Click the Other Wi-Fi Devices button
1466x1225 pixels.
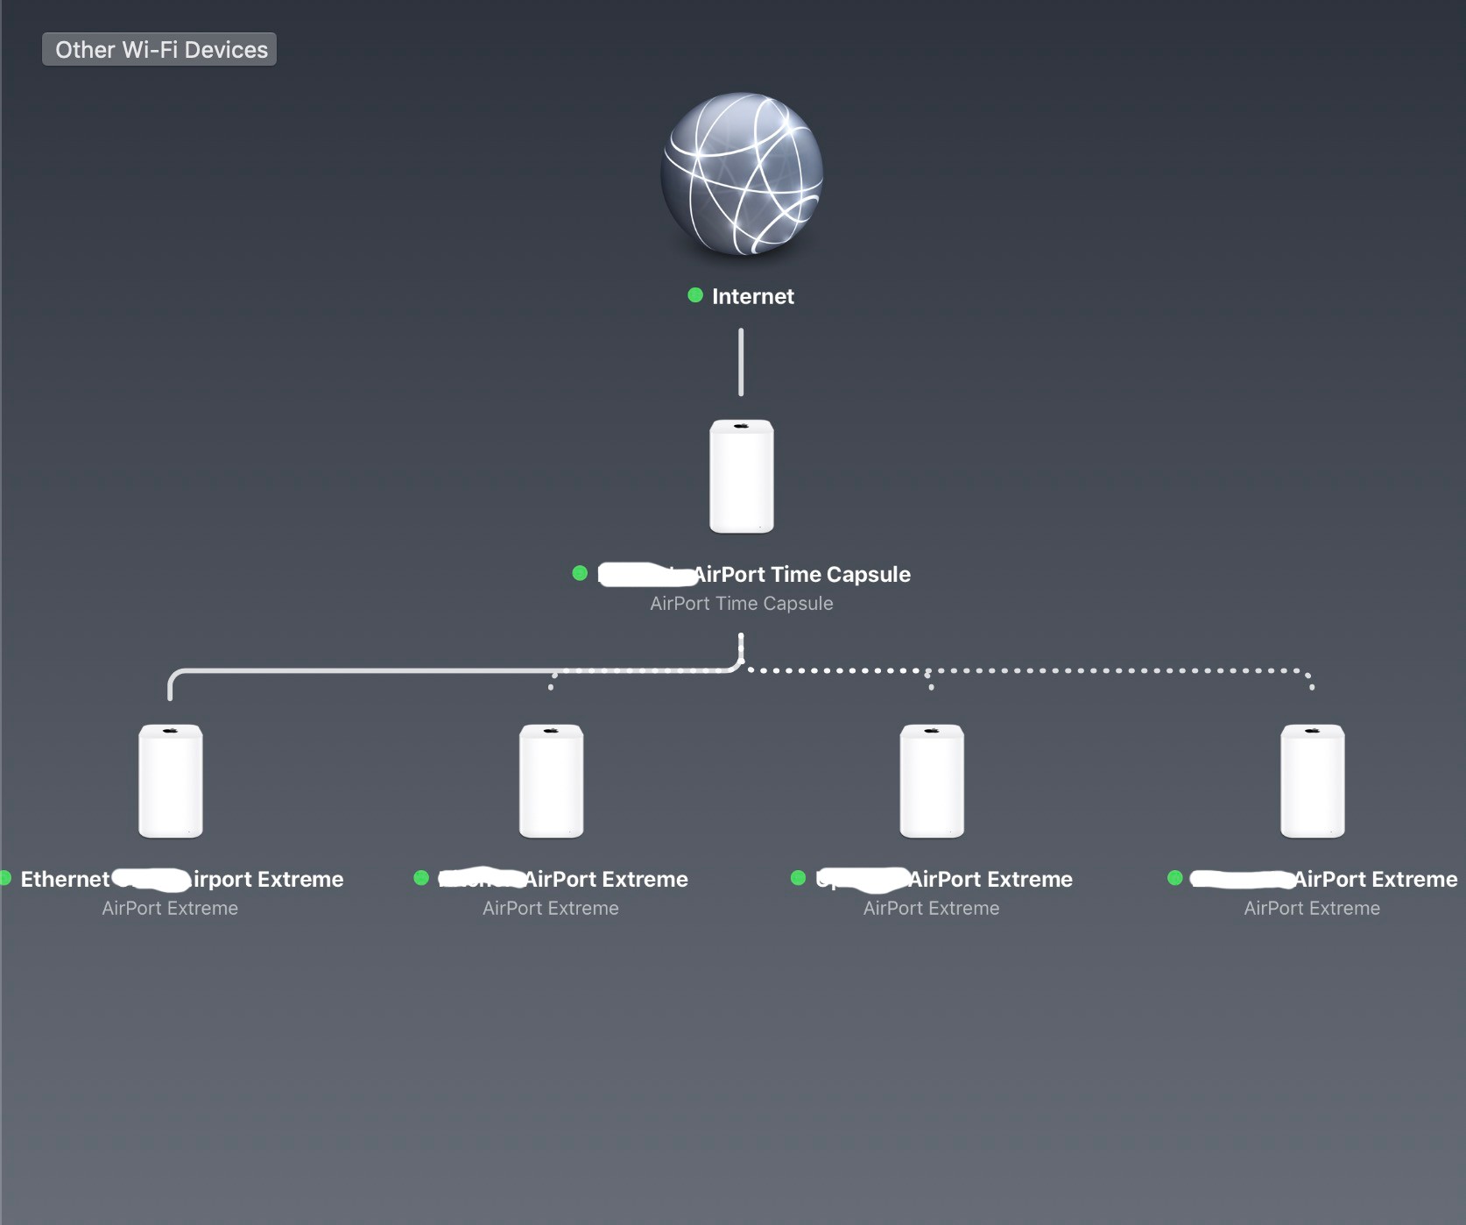pos(159,49)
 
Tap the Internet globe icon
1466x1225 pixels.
pos(742,173)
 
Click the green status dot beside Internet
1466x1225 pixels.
pos(695,295)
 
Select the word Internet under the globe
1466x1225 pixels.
pos(753,296)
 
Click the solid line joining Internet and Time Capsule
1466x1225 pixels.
pos(741,362)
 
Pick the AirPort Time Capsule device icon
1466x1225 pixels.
pos(742,476)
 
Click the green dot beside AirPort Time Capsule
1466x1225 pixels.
pos(580,573)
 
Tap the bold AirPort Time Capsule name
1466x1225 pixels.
pos(802,574)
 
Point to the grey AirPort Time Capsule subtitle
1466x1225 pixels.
pos(742,603)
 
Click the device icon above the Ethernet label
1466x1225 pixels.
pos(171,781)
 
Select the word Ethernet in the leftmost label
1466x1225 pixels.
pos(65,879)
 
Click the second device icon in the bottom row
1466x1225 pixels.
pos(551,781)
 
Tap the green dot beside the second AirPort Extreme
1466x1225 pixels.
pos(421,878)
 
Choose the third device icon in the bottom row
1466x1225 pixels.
pos(932,781)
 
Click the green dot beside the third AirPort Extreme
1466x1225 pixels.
pos(798,878)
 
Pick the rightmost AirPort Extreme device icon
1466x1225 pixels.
pos(1312,781)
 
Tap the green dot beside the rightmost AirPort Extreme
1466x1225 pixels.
pos(1175,878)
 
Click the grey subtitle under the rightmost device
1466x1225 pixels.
pos(1312,908)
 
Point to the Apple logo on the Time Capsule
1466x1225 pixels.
pos(742,426)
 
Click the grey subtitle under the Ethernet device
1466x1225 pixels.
pos(170,908)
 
